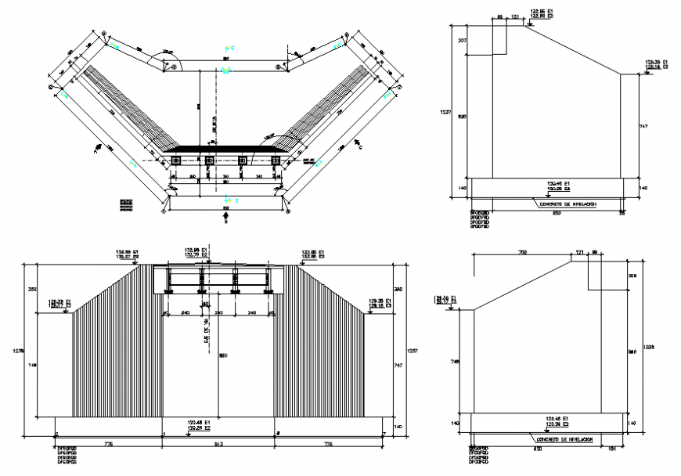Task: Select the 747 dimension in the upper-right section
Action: pos(643,125)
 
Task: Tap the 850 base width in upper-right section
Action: pos(557,212)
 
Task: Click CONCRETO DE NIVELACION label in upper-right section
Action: pos(567,204)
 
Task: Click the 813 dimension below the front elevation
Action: pos(219,445)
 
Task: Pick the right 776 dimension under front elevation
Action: pos(330,445)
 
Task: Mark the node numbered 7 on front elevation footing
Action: pos(384,433)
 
